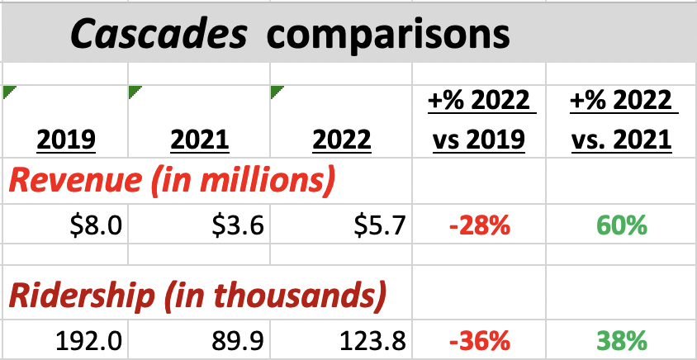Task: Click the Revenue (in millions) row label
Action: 171,181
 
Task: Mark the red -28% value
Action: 479,225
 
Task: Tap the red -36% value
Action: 479,339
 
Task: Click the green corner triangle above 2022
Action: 276,90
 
